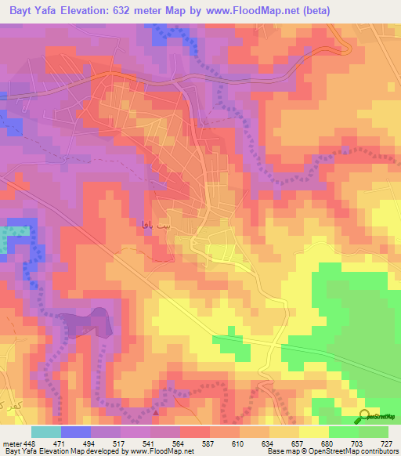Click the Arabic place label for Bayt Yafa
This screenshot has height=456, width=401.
point(154,225)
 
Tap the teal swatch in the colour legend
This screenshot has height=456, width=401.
point(45,432)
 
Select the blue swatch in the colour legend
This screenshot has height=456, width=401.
point(75,432)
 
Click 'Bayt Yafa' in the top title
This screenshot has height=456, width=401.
point(32,11)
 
